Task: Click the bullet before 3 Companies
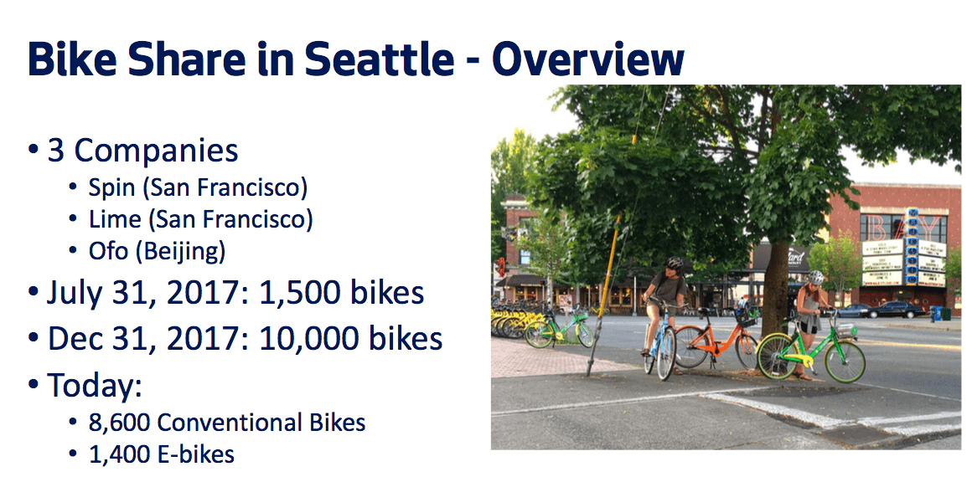(34, 151)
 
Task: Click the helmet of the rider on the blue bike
(675, 263)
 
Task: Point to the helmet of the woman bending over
(816, 277)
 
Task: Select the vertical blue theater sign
(912, 246)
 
